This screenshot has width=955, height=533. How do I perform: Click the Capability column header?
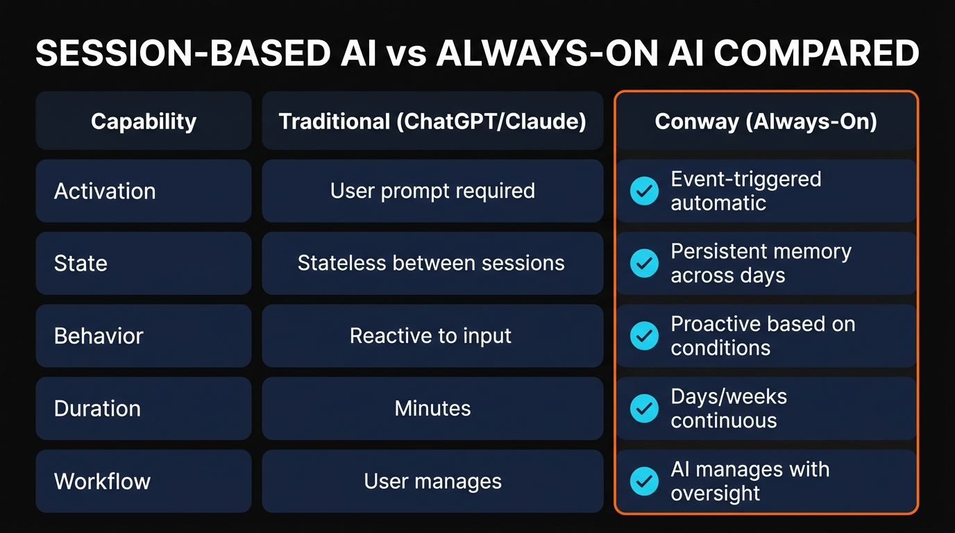(144, 121)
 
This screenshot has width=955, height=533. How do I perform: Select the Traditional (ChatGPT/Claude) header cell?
(432, 121)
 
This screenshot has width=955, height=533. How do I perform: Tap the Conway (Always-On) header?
(766, 121)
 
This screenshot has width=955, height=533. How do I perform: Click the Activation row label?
(105, 191)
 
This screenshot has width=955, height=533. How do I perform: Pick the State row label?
(81, 263)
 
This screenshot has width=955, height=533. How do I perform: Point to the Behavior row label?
(99, 336)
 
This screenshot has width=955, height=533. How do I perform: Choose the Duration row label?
(97, 408)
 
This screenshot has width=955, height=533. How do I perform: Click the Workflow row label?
(102, 481)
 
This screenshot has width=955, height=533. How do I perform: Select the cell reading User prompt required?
(432, 191)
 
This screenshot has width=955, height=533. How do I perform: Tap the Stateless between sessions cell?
(431, 263)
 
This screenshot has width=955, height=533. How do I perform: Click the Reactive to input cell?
(430, 336)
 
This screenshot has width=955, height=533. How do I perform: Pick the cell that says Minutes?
(432, 408)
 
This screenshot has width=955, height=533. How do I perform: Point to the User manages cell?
(432, 481)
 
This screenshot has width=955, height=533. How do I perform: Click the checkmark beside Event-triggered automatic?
(644, 191)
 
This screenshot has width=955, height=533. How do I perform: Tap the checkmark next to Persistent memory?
(644, 263)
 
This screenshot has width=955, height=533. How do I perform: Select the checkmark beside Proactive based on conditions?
(644, 336)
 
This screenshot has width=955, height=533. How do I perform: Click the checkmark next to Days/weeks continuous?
(644, 408)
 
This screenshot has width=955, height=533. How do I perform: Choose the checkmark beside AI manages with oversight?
(644, 481)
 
